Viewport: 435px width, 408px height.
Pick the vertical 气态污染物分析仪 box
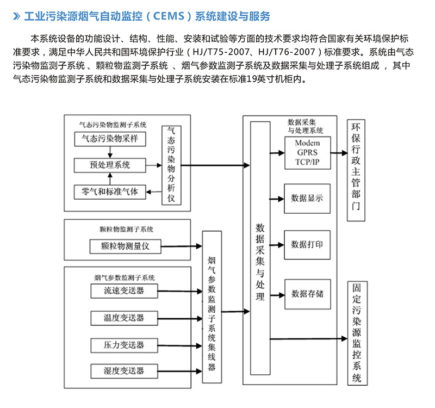(171, 164)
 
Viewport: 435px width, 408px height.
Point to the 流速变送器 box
(125, 290)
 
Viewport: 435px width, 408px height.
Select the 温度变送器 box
(125, 318)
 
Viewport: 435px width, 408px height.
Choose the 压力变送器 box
(125, 345)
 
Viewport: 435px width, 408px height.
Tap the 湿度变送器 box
(125, 372)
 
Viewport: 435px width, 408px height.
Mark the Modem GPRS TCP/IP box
(307, 153)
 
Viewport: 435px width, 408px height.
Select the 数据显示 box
(307, 198)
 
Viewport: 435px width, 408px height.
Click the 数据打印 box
(307, 244)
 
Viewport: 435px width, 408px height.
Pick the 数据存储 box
(307, 294)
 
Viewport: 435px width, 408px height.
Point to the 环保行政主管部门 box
(357, 170)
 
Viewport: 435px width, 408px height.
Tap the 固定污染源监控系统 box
(357, 333)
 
